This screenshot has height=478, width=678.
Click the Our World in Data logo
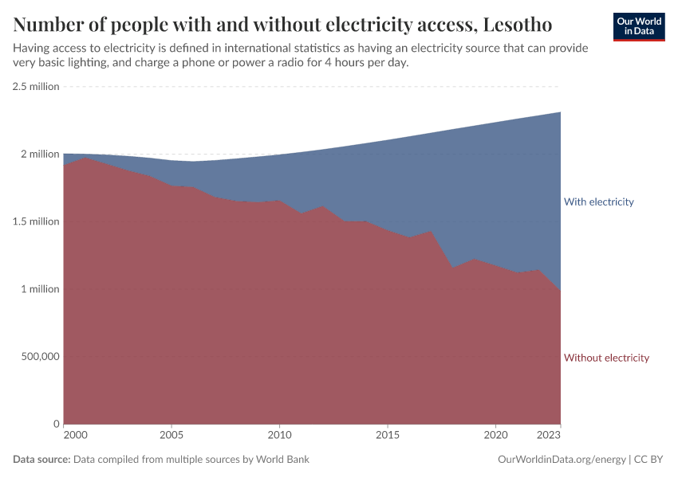coord(638,26)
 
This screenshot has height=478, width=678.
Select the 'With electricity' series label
coord(598,202)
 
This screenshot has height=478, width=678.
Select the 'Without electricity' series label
coord(606,358)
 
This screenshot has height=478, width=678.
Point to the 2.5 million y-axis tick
coord(36,86)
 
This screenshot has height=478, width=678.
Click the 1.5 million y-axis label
coord(36,221)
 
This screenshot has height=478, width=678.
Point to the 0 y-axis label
coord(56,424)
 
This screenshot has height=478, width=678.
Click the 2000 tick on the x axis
coord(74,436)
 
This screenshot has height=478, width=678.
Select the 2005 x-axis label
coord(171,436)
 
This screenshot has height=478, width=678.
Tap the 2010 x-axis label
coord(279,436)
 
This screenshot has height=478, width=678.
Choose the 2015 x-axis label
coord(388,436)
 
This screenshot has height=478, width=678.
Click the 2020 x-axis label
coord(495,436)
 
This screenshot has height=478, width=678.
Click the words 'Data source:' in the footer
coord(41,460)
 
